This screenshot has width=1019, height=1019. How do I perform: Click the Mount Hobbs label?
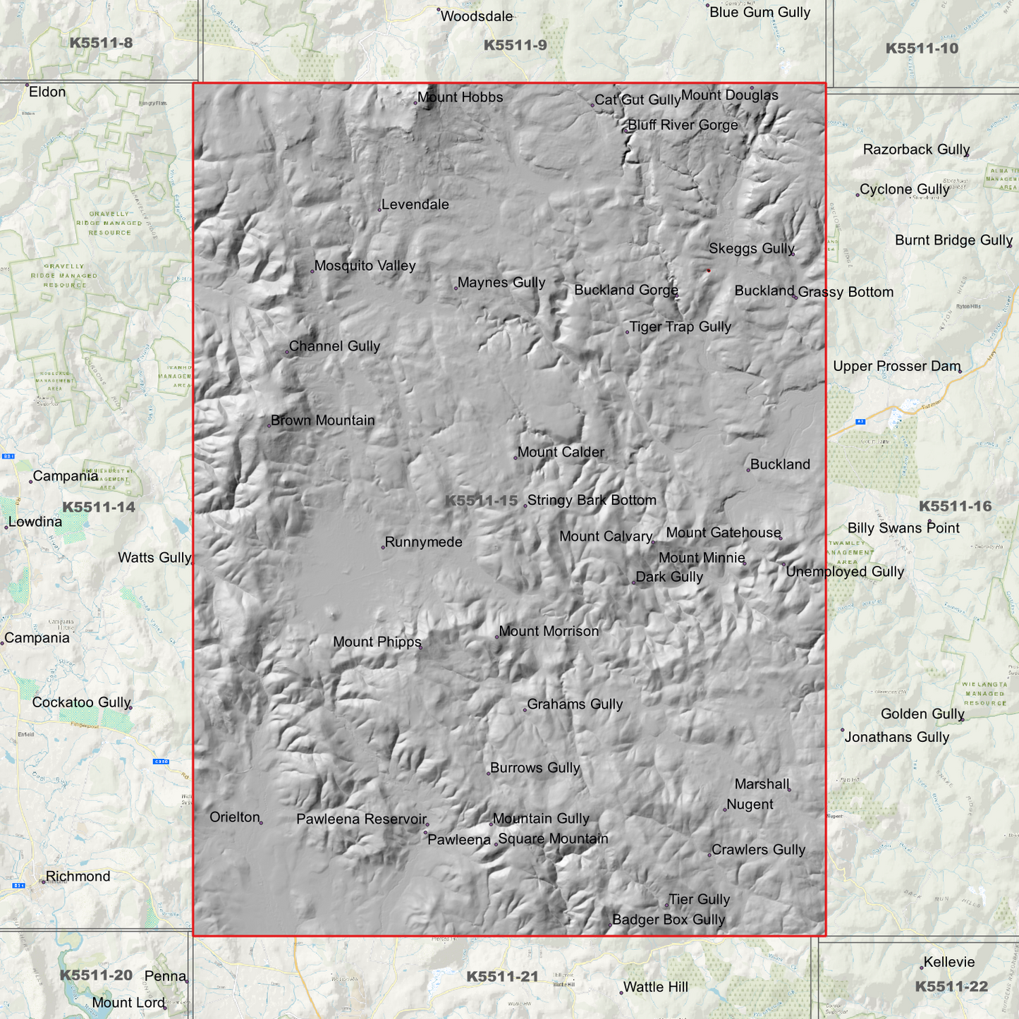(460, 97)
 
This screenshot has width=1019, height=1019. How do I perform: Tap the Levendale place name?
(415, 205)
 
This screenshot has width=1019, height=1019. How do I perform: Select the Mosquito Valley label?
(365, 266)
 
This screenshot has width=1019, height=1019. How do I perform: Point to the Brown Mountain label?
(322, 420)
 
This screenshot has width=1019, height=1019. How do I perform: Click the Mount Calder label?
(561, 452)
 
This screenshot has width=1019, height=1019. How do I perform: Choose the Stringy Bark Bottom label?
(592, 500)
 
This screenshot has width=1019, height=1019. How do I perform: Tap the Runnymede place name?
(423, 542)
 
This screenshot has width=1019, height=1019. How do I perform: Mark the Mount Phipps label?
(377, 642)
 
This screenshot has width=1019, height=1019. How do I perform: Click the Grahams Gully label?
(575, 704)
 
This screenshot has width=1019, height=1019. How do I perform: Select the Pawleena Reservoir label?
(361, 819)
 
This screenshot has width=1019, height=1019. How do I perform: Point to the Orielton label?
(235, 817)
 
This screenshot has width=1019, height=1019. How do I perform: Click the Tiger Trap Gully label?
(680, 327)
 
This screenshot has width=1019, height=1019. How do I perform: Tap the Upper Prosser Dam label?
(896, 366)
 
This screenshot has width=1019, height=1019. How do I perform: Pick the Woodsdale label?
(476, 16)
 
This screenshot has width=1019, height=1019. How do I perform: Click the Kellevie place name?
(948, 962)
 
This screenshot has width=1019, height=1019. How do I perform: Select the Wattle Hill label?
(655, 987)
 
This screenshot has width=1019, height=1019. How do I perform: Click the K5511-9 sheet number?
(515, 45)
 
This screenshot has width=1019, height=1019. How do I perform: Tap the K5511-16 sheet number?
(955, 506)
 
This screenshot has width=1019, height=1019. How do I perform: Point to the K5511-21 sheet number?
(502, 976)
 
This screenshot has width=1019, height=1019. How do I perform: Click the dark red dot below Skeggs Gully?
(709, 270)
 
